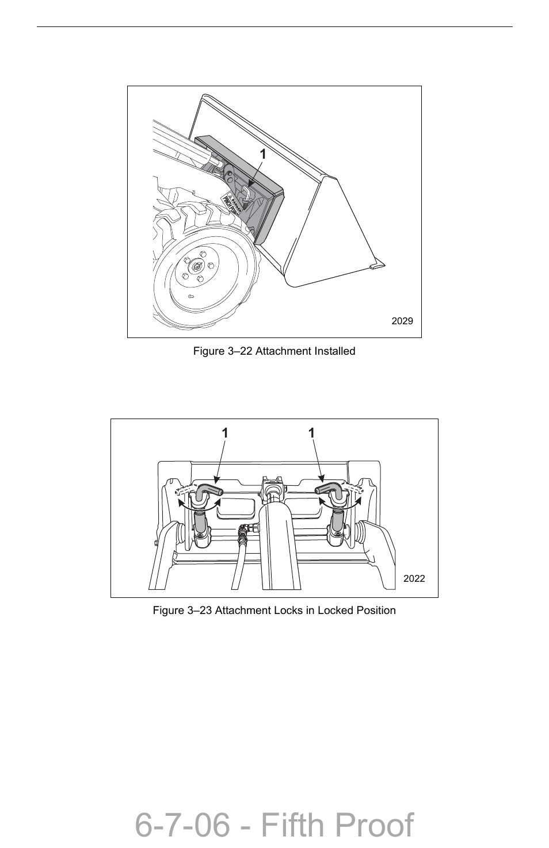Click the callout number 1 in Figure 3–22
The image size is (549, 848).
coord(262,154)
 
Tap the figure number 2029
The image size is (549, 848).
coord(402,321)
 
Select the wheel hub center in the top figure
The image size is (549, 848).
coord(197,266)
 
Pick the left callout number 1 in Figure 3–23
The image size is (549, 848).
coord(225,433)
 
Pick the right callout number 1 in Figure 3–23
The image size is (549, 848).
coord(311,433)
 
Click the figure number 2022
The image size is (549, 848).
coord(414,578)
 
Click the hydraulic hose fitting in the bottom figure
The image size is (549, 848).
coord(244,534)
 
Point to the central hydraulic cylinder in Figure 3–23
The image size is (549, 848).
coord(280,540)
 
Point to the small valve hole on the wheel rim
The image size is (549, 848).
coord(192,296)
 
